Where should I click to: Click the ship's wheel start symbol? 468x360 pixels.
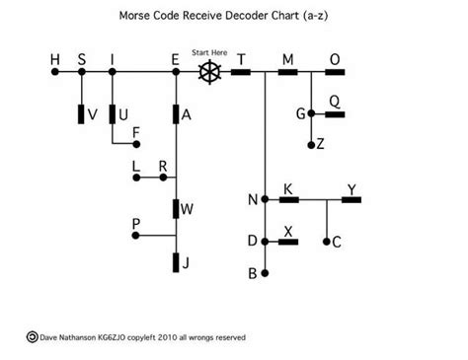(x=208, y=71)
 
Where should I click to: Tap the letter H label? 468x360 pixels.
(x=55, y=59)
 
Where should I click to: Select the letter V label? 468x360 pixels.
(x=92, y=114)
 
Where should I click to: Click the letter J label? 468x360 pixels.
(x=186, y=263)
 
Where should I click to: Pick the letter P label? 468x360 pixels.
(x=136, y=224)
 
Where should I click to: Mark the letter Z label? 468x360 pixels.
(x=321, y=144)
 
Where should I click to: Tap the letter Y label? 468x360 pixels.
(x=351, y=187)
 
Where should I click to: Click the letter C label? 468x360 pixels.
(x=337, y=242)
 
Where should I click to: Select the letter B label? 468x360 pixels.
(x=253, y=273)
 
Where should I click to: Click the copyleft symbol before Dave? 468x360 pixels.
(x=32, y=336)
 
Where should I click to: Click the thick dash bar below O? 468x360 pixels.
(x=334, y=71)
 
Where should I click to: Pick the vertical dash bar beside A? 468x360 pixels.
(x=175, y=114)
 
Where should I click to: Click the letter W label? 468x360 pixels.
(x=188, y=208)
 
